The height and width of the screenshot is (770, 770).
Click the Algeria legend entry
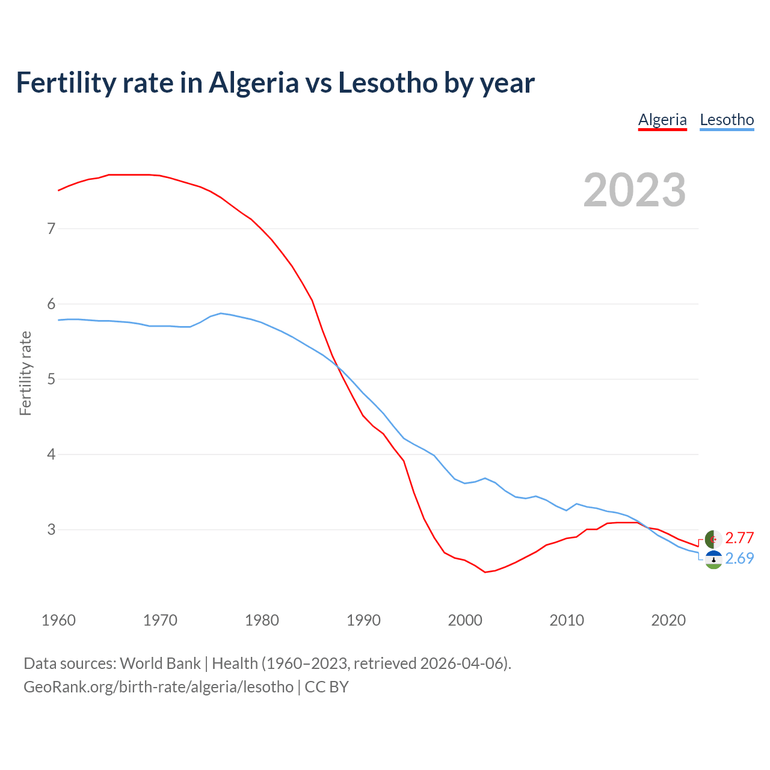662,120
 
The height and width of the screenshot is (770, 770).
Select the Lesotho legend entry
727,120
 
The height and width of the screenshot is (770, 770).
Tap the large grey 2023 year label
635,190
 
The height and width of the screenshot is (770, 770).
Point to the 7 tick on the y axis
51,229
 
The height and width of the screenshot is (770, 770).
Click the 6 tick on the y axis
51,304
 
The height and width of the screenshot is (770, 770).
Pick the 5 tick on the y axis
51,379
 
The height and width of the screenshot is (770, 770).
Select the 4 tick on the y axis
51,454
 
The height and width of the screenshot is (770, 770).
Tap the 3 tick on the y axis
51,529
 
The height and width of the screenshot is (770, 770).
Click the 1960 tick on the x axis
58,620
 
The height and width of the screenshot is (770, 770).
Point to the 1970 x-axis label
160,620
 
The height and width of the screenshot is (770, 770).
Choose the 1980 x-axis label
262,620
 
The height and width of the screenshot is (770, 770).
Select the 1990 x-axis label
363,620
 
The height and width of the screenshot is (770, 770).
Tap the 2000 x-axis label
465,620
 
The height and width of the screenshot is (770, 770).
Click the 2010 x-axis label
567,620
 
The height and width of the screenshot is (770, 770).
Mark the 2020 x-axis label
668,620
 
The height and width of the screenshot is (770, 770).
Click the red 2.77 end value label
739,538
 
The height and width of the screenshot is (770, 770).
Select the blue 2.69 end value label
739,559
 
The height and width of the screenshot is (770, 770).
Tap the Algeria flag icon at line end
713,538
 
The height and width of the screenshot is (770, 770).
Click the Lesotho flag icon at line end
713,559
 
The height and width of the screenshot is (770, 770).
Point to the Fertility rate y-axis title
25,373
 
